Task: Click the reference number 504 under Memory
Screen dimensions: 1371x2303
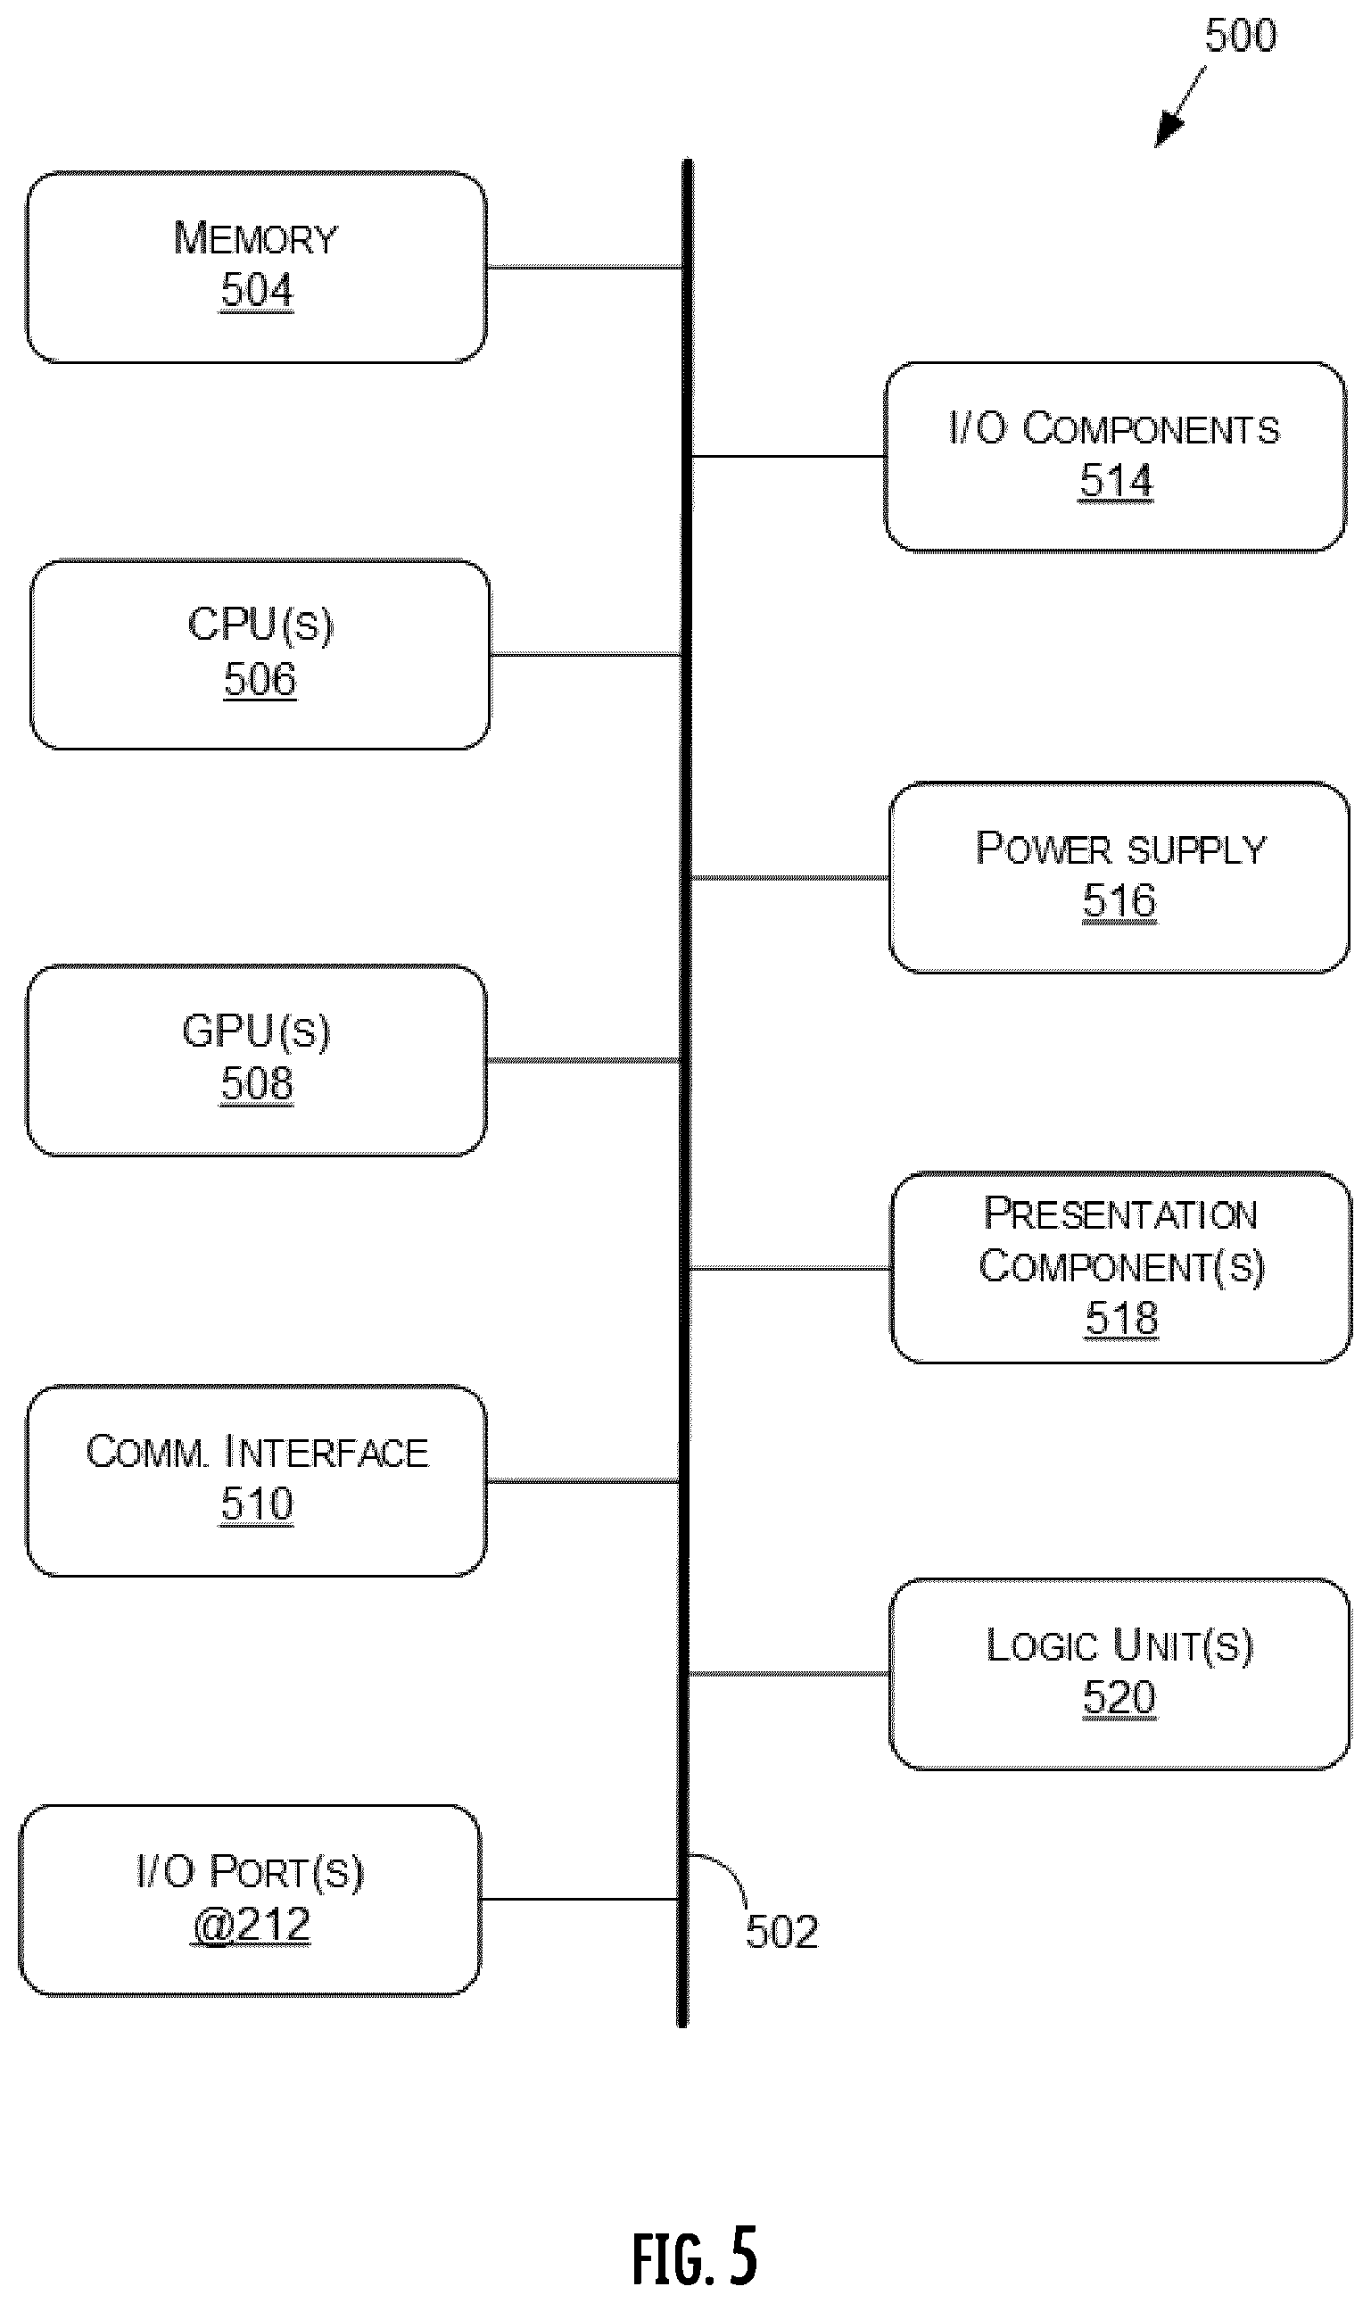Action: coord(257,289)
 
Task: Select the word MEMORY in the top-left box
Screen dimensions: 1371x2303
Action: coord(256,237)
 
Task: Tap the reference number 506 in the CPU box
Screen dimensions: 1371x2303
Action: coord(260,678)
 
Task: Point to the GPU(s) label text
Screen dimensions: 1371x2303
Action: coord(256,1031)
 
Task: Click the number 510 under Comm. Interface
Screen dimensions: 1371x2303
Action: coord(257,1504)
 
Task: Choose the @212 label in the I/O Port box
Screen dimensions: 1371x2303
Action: coord(251,1925)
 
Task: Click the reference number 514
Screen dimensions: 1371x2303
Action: coord(1117,481)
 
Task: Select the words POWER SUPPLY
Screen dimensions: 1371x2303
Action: coord(1120,849)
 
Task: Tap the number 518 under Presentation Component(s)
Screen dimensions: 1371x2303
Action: coord(1121,1318)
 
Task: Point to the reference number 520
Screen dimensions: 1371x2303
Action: coord(1119,1697)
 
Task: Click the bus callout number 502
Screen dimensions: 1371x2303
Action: coord(782,1932)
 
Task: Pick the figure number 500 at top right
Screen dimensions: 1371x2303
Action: coord(1241,35)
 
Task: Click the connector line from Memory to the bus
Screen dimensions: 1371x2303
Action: coord(584,267)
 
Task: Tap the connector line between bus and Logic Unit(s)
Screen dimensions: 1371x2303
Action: coord(790,1674)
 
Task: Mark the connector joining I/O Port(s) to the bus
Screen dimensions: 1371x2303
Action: coord(579,1900)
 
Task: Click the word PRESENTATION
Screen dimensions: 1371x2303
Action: coord(1120,1214)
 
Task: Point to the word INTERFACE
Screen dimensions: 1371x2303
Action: coord(327,1452)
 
